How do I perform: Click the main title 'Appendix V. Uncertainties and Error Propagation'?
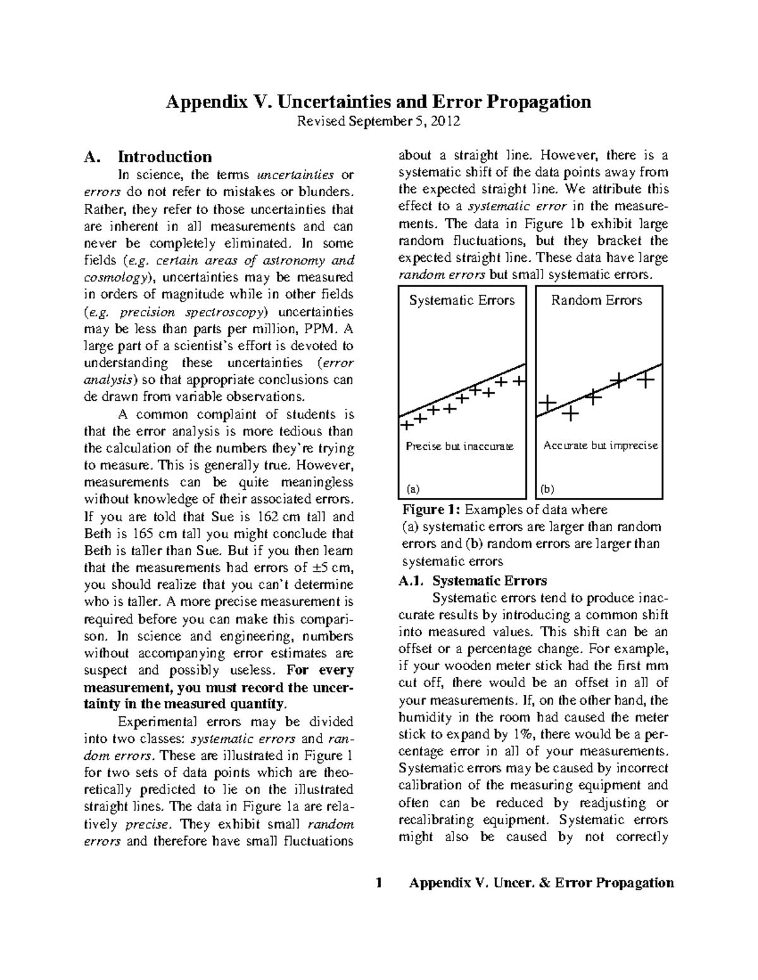pyautogui.click(x=378, y=102)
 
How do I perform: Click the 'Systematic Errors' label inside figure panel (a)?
pyautogui.click(x=462, y=300)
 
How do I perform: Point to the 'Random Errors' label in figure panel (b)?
pyautogui.click(x=596, y=300)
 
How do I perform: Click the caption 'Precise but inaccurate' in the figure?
pyautogui.click(x=459, y=446)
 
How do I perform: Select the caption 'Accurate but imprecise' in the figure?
pyautogui.click(x=600, y=446)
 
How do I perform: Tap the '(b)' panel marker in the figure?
pyautogui.click(x=547, y=488)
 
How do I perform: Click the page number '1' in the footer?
pyautogui.click(x=378, y=883)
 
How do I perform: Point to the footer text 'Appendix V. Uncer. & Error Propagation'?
pyautogui.click(x=541, y=883)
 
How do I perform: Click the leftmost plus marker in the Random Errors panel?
pyautogui.click(x=547, y=402)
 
